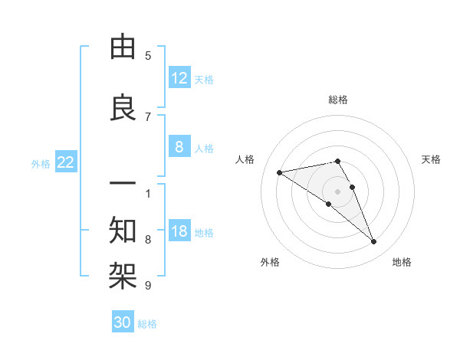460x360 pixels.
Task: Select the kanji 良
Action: [123, 110]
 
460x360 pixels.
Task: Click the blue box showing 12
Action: [179, 78]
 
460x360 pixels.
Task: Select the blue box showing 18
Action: [179, 232]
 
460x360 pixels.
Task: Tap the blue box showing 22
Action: [66, 162]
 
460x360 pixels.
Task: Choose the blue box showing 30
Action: [123, 322]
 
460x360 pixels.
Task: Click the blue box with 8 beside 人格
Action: [179, 148]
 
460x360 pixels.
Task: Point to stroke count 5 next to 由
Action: [148, 56]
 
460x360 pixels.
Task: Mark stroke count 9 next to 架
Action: [148, 285]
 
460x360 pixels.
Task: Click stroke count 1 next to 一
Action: [148, 192]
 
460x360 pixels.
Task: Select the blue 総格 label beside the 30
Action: [147, 324]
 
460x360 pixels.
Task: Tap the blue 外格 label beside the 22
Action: [41, 163]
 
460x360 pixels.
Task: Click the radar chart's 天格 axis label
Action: [431, 159]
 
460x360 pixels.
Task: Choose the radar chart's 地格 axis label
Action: [402, 262]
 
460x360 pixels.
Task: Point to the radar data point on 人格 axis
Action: [280, 172]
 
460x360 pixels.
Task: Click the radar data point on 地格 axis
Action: [373, 242]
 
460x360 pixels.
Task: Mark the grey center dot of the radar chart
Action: [338, 191]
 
